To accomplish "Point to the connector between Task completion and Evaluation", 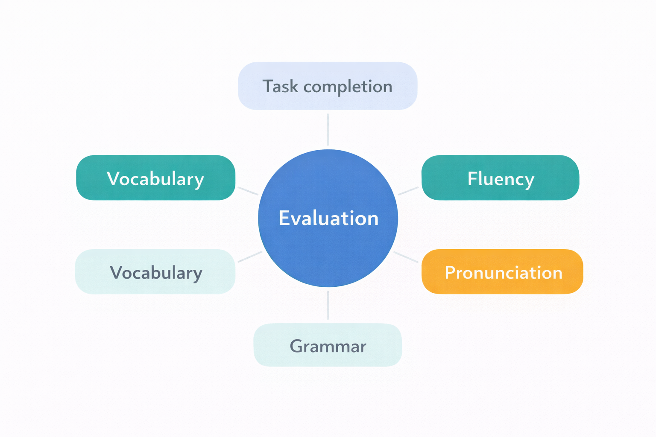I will point(328,129).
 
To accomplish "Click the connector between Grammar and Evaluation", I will point(328,305).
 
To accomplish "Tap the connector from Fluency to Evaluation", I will point(408,191).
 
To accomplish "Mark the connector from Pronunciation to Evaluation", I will point(406,257).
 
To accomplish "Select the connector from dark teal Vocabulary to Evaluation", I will point(248,191).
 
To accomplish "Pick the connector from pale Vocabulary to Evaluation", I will point(250,257).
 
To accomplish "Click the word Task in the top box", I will point(280,87).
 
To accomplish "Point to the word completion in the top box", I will point(348,87).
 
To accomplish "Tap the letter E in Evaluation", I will point(284,218).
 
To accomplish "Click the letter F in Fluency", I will point(472,178).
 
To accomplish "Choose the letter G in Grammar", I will point(296,346).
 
